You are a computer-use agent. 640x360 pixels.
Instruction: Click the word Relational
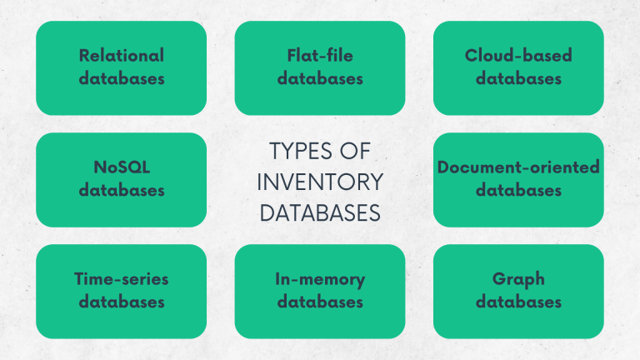pyautogui.click(x=122, y=56)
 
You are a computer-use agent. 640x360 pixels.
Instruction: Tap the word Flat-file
pyautogui.click(x=320, y=56)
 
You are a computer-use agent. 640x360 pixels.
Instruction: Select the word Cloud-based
pyautogui.click(x=518, y=56)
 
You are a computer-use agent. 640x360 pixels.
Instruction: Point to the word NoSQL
pyautogui.click(x=122, y=167)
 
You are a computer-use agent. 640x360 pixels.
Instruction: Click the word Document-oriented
pyautogui.click(x=518, y=167)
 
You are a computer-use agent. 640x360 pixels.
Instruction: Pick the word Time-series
pyautogui.click(x=122, y=279)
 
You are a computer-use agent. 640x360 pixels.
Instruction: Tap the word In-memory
pyautogui.click(x=320, y=279)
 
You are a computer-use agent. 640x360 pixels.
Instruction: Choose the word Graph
pyautogui.click(x=518, y=279)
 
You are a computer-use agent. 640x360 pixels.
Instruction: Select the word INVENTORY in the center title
pyautogui.click(x=320, y=182)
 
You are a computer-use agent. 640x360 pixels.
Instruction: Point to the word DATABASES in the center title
pyautogui.click(x=320, y=212)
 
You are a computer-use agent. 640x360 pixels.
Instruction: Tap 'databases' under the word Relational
pyautogui.click(x=122, y=79)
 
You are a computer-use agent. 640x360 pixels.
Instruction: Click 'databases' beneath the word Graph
pyautogui.click(x=518, y=302)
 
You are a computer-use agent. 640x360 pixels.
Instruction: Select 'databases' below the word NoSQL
pyautogui.click(x=122, y=190)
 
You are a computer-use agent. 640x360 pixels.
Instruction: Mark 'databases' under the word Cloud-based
pyautogui.click(x=518, y=79)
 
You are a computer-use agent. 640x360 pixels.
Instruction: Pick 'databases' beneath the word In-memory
pyautogui.click(x=320, y=302)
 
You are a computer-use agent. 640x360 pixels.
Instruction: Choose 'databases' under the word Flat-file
pyautogui.click(x=320, y=79)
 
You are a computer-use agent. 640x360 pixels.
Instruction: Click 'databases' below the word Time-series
pyautogui.click(x=122, y=302)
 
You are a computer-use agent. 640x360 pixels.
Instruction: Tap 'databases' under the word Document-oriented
pyautogui.click(x=518, y=190)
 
